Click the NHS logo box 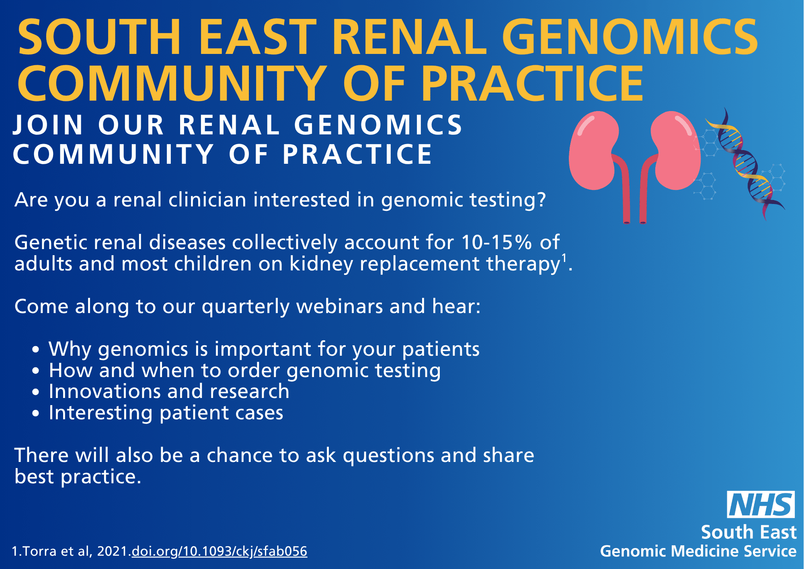click(761, 504)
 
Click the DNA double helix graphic click(744, 163)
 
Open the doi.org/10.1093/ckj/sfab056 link click(219, 551)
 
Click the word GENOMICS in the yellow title click(630, 37)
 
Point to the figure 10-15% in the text click(496, 242)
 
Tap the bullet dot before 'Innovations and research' click(36, 392)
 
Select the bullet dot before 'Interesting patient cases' click(36, 413)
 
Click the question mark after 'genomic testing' click(541, 200)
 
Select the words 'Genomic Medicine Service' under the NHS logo click(698, 551)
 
